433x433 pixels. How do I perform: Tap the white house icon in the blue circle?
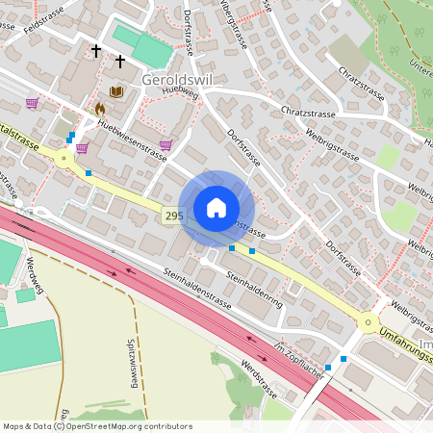coord(216,208)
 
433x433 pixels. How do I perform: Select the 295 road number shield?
coord(173,216)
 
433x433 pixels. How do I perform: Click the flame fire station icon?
coord(99,110)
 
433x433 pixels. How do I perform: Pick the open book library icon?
coord(116,92)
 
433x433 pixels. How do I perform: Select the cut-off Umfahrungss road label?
coord(405,336)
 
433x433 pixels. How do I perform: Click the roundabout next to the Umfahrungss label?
coord(368,322)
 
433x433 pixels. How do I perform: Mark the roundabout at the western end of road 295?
coord(64,161)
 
